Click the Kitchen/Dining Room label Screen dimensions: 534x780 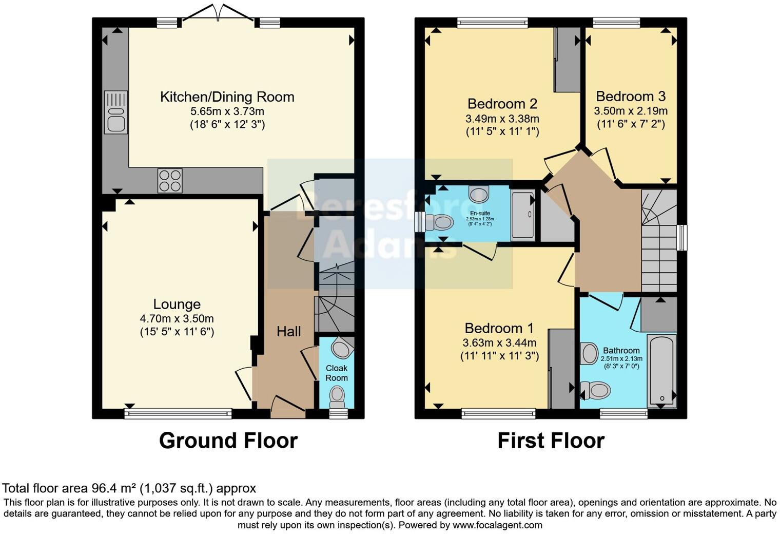(227, 97)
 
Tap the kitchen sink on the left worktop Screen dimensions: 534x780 (116, 112)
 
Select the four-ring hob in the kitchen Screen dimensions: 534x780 (170, 181)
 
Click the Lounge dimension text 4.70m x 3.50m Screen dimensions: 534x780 (177, 318)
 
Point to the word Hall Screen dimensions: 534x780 (288, 332)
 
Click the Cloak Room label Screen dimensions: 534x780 (337, 373)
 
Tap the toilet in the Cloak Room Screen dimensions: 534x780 (337, 395)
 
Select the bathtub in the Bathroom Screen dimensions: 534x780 (661, 371)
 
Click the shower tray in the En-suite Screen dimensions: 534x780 (522, 215)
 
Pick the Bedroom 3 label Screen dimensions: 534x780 (630, 97)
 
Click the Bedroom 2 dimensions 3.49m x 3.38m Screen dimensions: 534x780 (502, 119)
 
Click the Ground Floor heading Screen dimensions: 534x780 (228, 441)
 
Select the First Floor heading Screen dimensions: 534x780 (551, 441)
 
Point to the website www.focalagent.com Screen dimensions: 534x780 (497, 525)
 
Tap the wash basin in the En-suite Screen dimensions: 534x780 (479, 195)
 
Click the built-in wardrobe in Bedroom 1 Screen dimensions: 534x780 (561, 369)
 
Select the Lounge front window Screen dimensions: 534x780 (178, 413)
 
